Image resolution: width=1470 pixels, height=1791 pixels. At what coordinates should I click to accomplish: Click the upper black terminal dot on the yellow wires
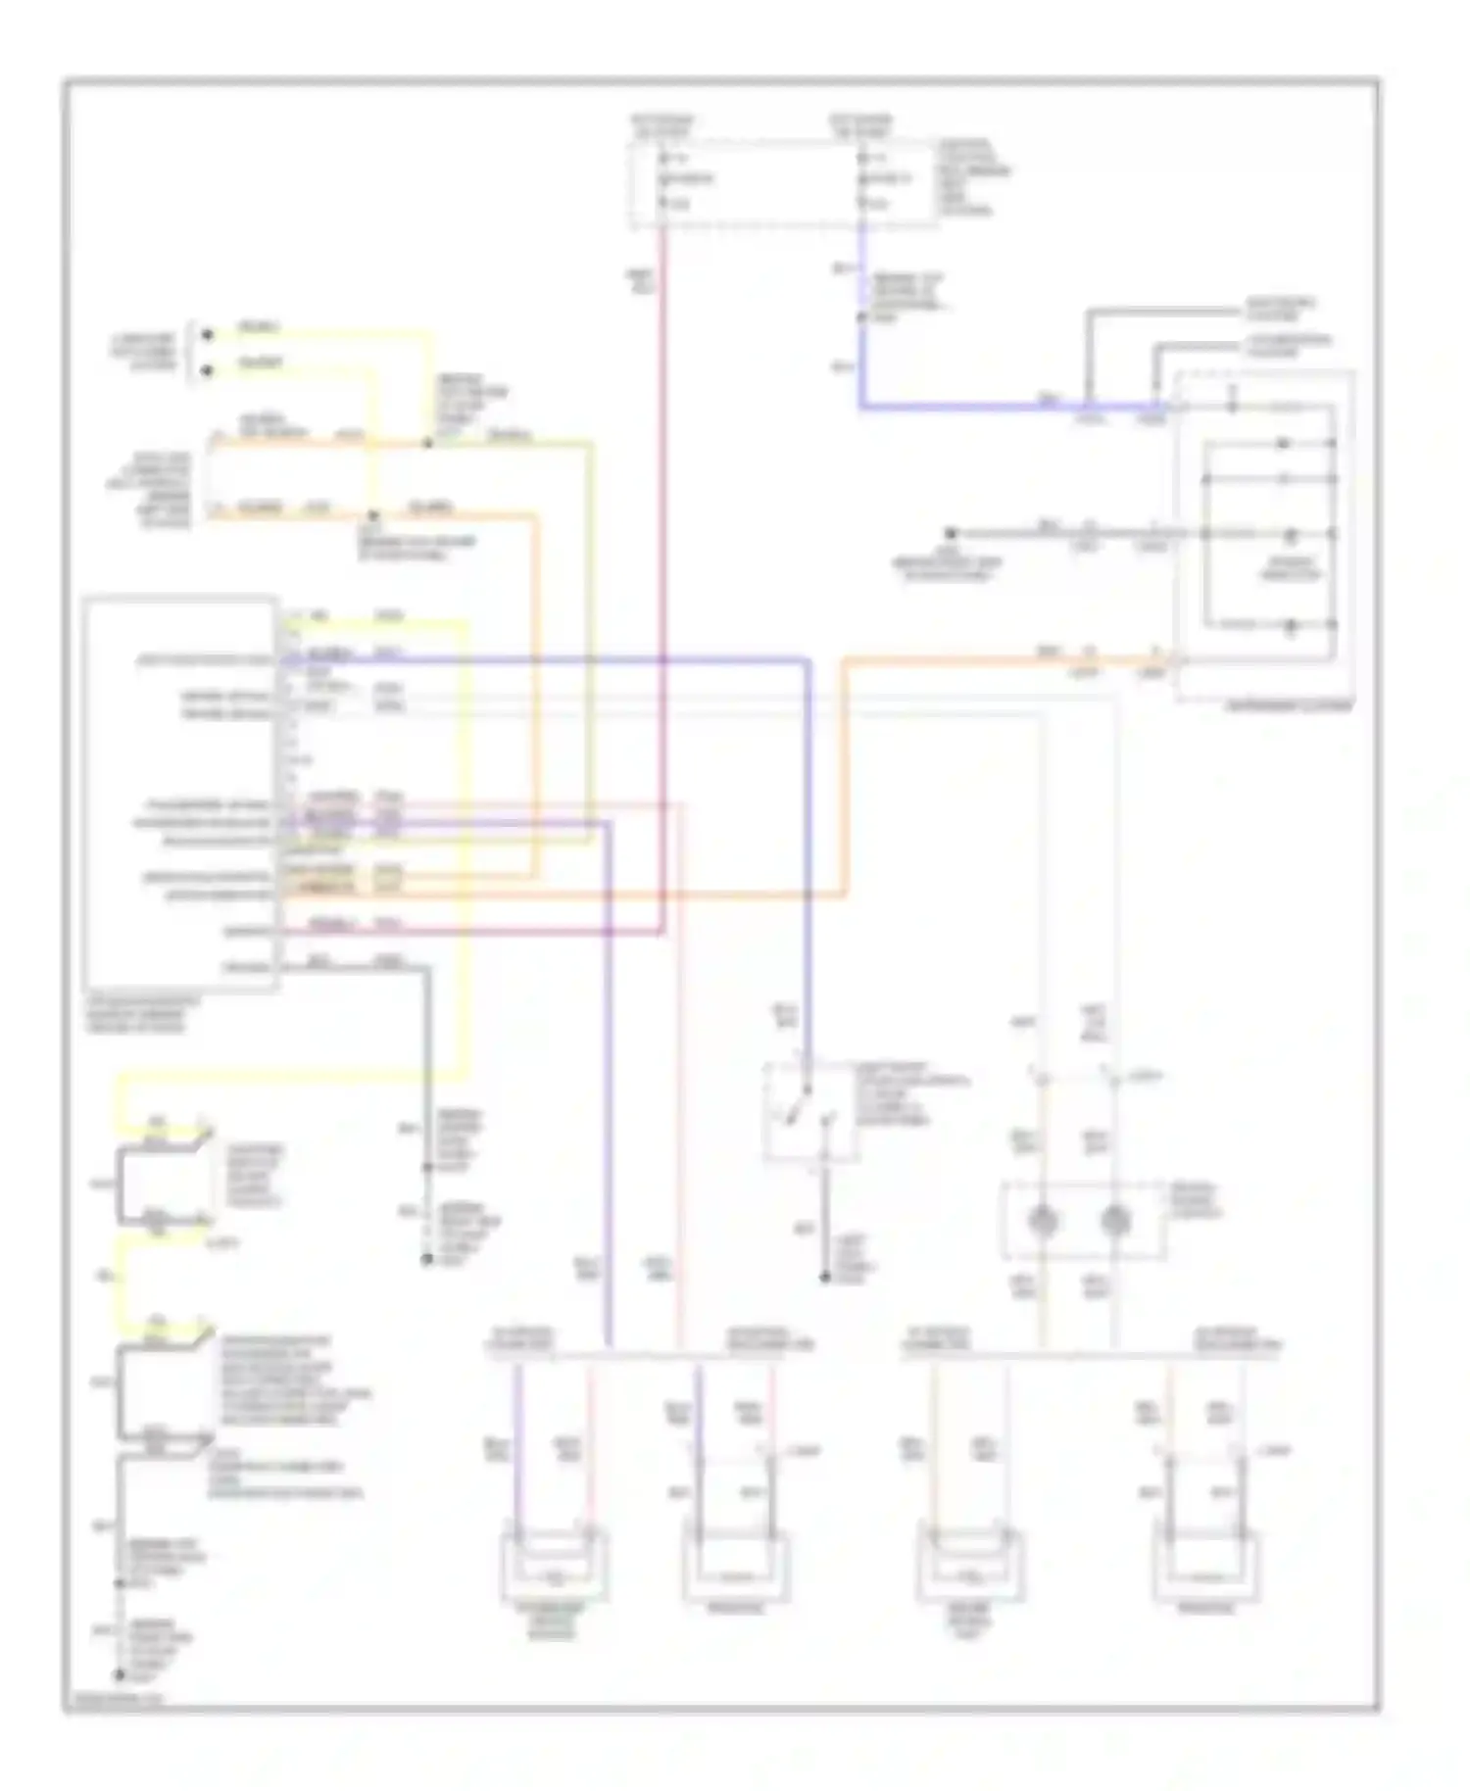pos(207,335)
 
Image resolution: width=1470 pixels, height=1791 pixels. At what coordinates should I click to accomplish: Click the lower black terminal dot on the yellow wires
pos(207,371)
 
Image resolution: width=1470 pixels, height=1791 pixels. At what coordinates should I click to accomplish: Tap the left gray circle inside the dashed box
pos(1043,1221)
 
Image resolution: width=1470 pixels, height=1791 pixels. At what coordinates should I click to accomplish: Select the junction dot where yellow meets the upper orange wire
pos(427,444)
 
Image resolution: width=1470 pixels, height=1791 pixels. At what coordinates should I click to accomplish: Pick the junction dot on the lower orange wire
pos(371,515)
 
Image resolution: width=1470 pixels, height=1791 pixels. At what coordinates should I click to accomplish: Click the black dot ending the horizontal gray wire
pos(950,534)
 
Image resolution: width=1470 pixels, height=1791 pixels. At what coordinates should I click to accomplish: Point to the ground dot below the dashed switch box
pos(824,1278)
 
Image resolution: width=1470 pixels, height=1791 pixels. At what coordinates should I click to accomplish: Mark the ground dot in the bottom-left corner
pos(121,1675)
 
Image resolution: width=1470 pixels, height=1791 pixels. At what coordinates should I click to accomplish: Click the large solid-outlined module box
pos(181,794)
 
